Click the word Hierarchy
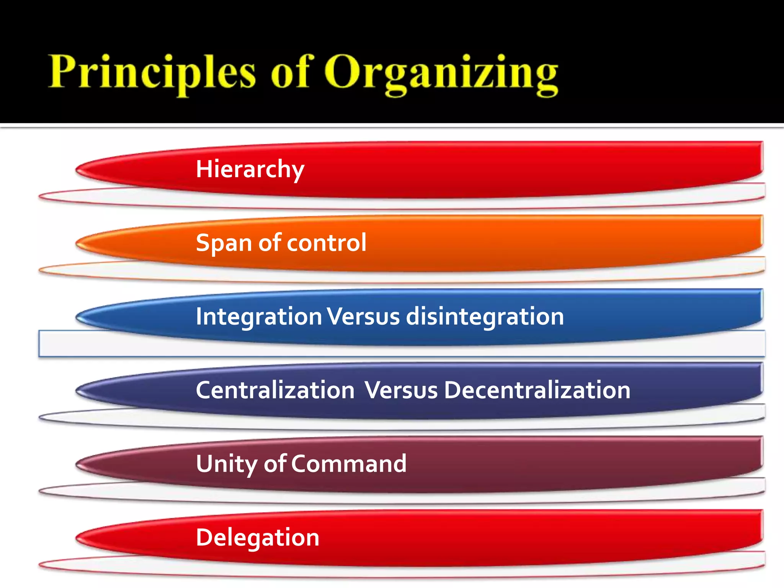pos(250,169)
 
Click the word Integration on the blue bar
pos(259,317)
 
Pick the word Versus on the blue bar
pos(364,317)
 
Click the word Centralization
pos(275,390)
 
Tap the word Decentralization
pos(537,390)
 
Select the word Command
pos(349,464)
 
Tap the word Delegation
pos(258,537)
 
